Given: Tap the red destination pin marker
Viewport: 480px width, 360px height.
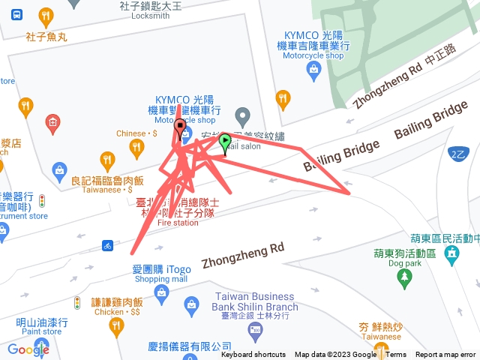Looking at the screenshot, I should click(179, 127).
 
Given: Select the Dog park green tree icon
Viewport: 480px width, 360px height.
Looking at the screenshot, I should click(405, 280).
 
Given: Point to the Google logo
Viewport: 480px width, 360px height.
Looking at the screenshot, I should click(28, 349).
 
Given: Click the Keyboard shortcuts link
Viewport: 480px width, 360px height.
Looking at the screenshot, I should click(253, 355).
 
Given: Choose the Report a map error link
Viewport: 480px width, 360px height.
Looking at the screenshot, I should click(446, 355).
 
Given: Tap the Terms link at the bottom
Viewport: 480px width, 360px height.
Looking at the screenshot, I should click(396, 355).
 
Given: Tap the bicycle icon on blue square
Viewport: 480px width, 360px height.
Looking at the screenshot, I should click(109, 245).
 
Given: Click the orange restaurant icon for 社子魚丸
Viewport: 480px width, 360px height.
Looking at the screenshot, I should click(46, 16).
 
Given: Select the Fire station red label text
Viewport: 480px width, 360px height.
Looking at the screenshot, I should click(178, 223).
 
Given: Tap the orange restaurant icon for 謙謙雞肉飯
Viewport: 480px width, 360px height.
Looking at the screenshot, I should click(115, 325).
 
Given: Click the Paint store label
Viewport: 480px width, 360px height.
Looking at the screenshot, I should click(42, 331).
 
